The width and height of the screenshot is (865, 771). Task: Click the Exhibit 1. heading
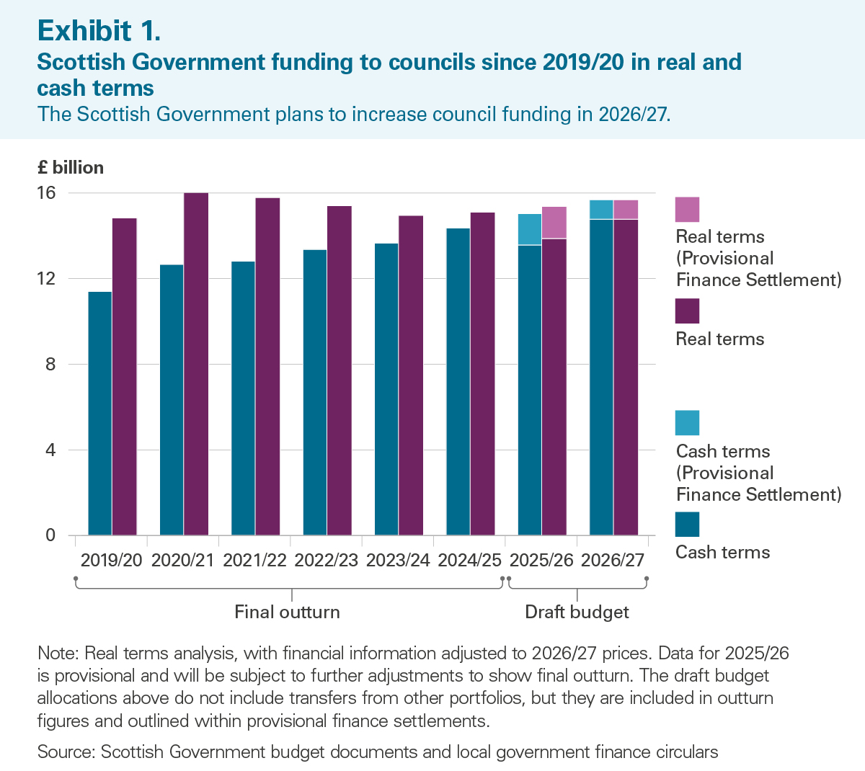coord(99,31)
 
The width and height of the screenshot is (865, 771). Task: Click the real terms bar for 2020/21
coord(196,364)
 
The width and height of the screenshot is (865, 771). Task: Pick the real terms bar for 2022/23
coord(340,370)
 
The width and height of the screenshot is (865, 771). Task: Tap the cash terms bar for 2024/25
coord(458,382)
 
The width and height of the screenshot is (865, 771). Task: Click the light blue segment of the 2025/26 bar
coord(530,229)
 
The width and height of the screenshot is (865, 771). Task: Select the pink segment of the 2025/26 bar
coord(554,223)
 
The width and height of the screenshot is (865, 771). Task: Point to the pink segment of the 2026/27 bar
coord(626,210)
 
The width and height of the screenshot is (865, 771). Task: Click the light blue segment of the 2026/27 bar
coord(601,210)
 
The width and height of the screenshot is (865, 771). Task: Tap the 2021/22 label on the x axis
coord(254,561)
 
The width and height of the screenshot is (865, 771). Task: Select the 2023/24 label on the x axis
coord(398,561)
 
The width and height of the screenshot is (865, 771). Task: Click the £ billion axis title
coord(71,167)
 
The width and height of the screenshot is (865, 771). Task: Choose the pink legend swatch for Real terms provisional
coord(687,209)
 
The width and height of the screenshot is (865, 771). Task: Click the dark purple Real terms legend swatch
coord(687,311)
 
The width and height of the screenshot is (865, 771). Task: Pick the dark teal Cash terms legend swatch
coord(687,525)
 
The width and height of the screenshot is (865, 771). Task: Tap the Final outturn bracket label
coord(287,612)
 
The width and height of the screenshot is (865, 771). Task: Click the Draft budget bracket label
coord(577,612)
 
